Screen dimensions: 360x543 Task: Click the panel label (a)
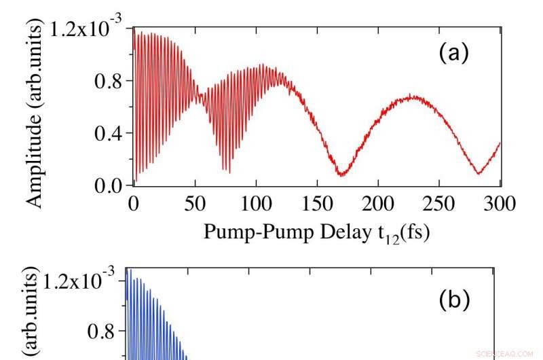click(454, 53)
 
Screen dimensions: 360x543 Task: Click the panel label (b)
click(454, 300)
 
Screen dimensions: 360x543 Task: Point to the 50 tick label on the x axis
click(195, 204)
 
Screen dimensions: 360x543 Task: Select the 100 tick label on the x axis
click(256, 204)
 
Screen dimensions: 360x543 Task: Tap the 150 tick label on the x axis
click(317, 204)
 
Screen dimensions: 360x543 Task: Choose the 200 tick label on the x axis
click(378, 204)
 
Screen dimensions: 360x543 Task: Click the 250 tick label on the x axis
click(440, 204)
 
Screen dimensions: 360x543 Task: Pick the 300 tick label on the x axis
click(500, 204)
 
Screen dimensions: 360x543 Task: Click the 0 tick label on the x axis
click(133, 204)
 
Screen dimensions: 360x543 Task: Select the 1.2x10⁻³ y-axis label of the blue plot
click(79, 280)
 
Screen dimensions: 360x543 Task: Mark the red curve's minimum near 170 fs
click(341, 175)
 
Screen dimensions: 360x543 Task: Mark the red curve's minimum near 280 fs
click(479, 173)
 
